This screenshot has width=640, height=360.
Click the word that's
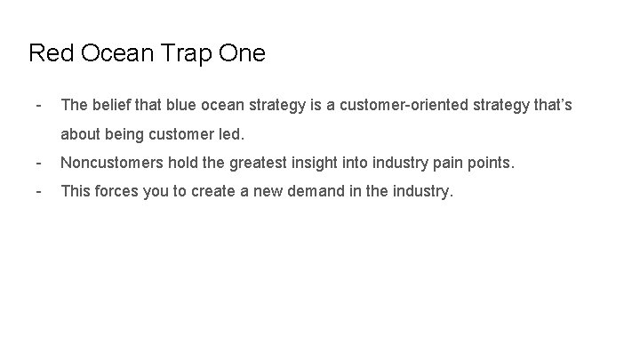tap(552, 105)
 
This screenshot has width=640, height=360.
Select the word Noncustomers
tap(113, 163)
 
